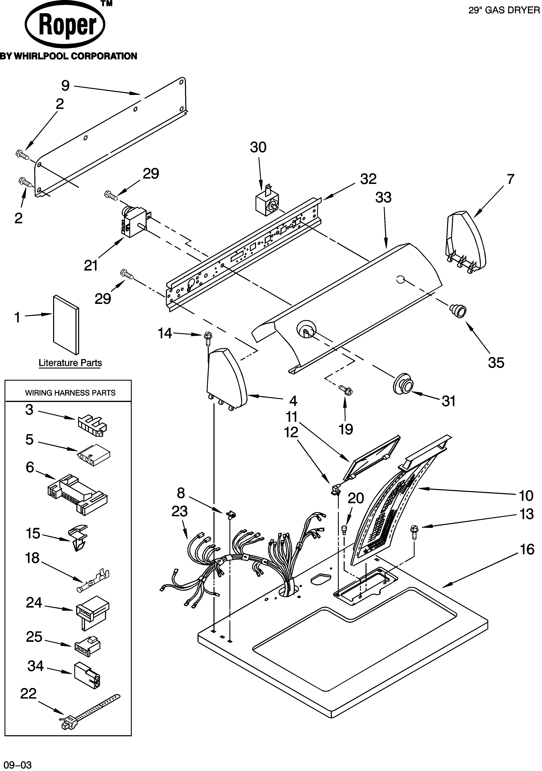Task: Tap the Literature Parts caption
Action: coord(70,363)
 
